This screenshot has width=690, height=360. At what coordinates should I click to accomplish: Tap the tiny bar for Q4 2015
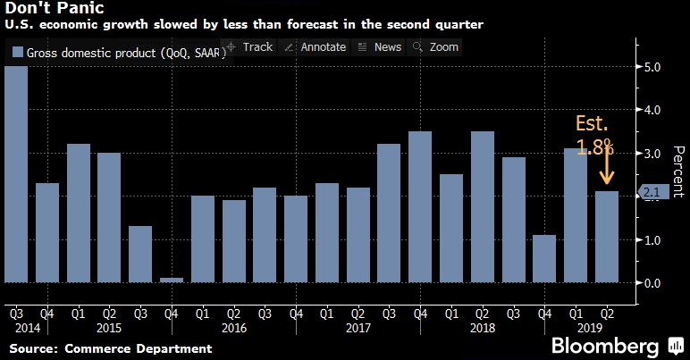click(172, 280)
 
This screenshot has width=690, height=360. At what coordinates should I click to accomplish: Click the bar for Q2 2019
click(607, 237)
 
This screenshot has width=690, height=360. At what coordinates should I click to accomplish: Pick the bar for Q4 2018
click(544, 259)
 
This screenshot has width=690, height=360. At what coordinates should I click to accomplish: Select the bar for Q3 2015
click(140, 255)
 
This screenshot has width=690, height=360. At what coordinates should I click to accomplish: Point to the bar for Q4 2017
click(420, 207)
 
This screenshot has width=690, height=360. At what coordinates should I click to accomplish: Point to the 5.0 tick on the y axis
click(652, 67)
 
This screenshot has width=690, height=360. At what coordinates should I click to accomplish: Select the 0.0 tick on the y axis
click(652, 283)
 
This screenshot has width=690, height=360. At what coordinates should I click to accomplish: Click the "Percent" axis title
click(677, 171)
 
